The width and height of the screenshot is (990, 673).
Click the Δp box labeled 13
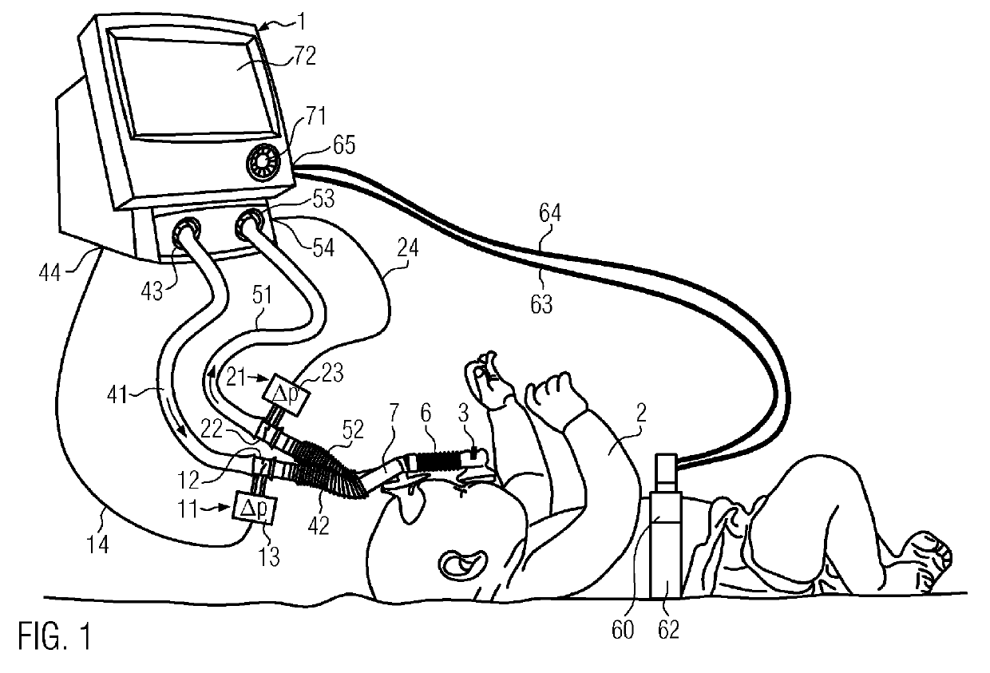point(250,508)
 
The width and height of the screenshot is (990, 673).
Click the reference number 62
point(668,630)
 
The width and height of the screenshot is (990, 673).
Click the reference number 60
point(623,631)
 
